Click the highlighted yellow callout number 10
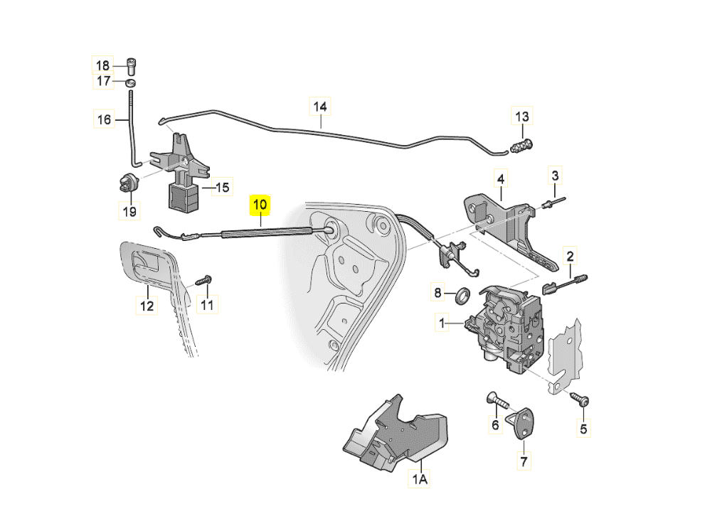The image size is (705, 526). click(x=260, y=205)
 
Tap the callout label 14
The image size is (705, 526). click(x=320, y=107)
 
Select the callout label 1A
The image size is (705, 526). click(x=420, y=480)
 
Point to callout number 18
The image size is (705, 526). click(x=104, y=65)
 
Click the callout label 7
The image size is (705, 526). click(x=524, y=461)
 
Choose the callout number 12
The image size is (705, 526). click(x=146, y=307)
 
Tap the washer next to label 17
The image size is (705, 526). click(x=131, y=84)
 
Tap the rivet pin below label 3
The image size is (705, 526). click(x=553, y=204)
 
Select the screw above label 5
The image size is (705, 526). click(x=580, y=399)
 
